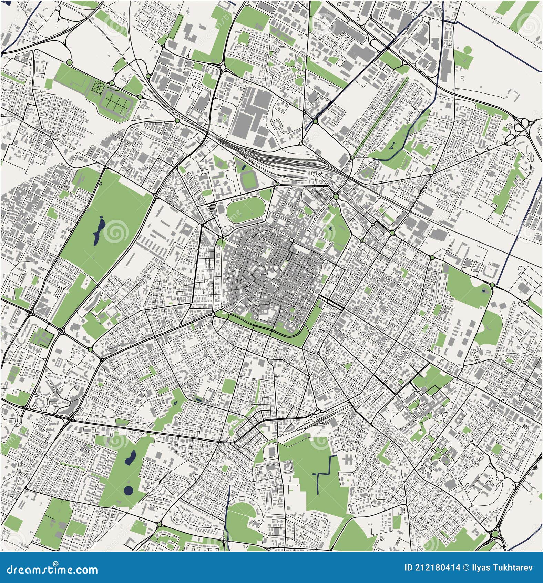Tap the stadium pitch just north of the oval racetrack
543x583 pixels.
click(x=247, y=179)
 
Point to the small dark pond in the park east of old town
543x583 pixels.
click(x=330, y=228)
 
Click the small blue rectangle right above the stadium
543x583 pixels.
click(x=244, y=168)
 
